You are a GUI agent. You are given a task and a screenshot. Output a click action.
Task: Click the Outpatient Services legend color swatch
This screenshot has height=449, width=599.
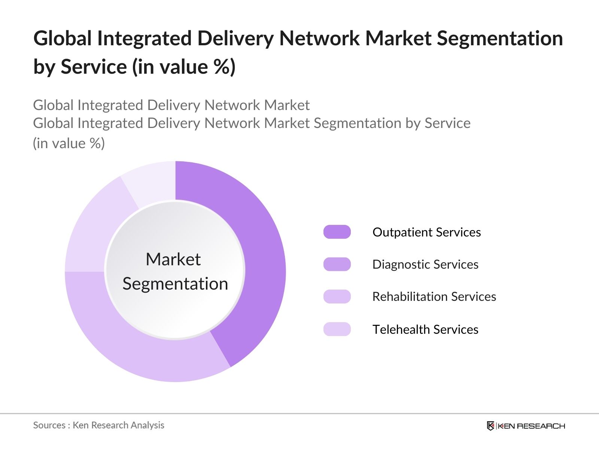tap(337, 232)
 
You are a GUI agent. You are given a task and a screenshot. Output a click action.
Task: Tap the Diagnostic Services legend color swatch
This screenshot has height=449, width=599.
tap(337, 264)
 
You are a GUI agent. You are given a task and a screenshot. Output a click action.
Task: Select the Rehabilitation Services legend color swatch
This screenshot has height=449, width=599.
tap(337, 296)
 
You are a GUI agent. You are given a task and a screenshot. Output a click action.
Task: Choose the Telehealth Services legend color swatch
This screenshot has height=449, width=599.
tap(337, 329)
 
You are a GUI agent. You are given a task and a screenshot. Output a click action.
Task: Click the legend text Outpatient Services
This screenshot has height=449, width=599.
tap(426, 232)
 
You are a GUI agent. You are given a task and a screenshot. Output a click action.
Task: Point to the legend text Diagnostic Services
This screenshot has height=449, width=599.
tap(425, 265)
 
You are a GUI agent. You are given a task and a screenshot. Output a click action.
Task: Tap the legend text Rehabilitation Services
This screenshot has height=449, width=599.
tap(434, 297)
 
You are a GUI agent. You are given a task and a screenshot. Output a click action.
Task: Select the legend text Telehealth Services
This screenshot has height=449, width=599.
tap(425, 330)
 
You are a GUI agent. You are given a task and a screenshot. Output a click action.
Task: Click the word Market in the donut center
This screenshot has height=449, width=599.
tap(173, 259)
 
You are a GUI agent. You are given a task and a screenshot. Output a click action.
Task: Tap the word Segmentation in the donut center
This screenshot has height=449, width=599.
tap(175, 284)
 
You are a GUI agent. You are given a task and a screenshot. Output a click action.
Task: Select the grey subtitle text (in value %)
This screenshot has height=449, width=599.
tap(69, 143)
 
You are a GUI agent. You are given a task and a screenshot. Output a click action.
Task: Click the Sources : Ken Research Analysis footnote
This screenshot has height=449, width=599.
tap(99, 425)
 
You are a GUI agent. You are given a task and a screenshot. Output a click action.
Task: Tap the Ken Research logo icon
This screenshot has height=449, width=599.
tap(490, 426)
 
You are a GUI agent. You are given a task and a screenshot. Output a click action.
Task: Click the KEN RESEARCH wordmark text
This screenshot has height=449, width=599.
tap(531, 426)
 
